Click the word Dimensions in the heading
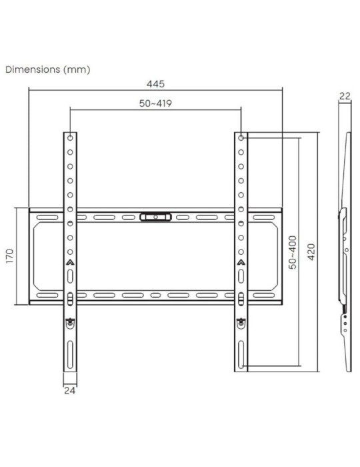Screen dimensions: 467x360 33,69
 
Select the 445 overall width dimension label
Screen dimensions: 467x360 155,84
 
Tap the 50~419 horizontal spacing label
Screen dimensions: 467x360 155,105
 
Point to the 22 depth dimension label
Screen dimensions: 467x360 345,96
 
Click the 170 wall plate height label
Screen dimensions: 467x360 10,257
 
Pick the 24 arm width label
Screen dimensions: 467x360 70,391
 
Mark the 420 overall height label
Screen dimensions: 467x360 311,252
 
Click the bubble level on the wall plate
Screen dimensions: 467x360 155,216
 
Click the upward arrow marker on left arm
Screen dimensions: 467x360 70,263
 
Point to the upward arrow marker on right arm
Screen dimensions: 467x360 241,263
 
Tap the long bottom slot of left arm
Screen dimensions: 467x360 70,352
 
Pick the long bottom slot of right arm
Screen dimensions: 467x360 241,352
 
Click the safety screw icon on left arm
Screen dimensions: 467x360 70,322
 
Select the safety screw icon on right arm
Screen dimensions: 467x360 241,322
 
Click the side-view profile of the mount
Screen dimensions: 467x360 345,254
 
